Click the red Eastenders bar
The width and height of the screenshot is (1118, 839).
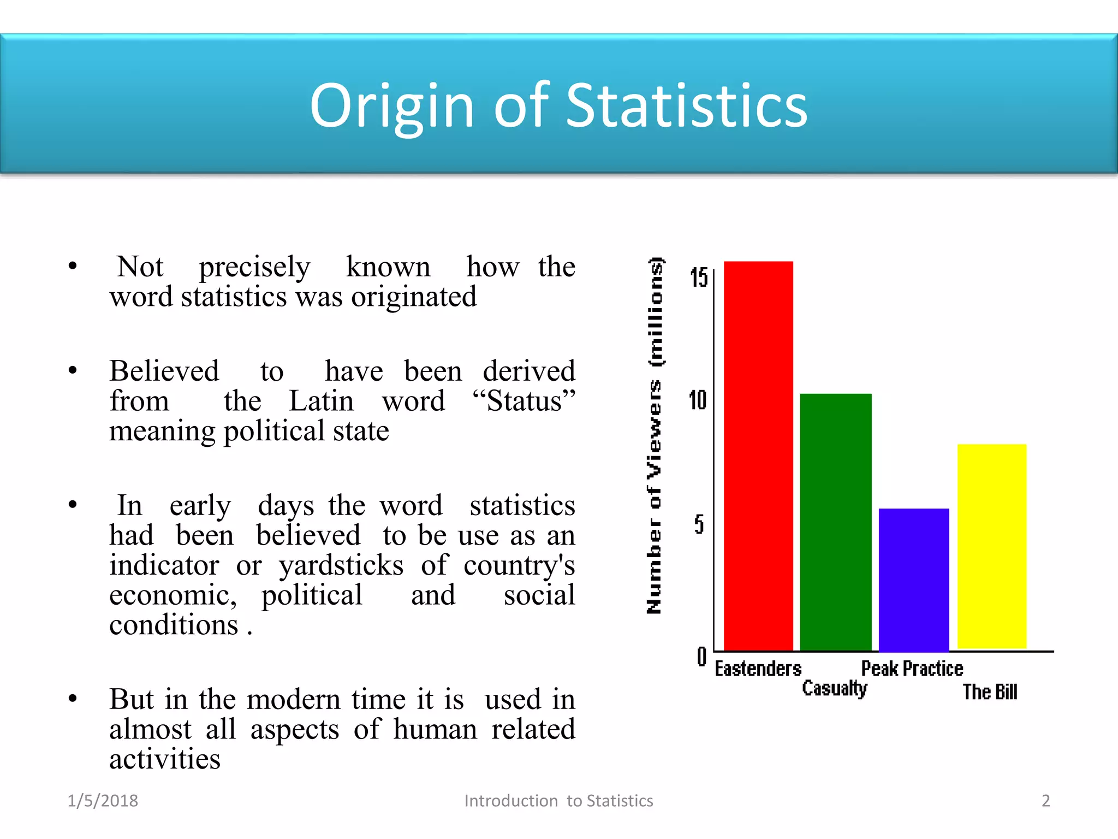pyautogui.click(x=758, y=456)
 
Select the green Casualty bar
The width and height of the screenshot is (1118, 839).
pyautogui.click(x=836, y=522)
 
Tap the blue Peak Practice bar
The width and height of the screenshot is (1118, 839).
pyautogui.click(x=914, y=580)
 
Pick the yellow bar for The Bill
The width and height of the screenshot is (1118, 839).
pyautogui.click(x=992, y=546)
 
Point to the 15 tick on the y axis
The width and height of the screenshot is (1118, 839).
pyautogui.click(x=698, y=277)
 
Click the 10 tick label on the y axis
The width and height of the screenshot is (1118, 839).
pyautogui.click(x=698, y=400)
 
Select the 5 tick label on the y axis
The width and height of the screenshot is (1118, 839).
pyautogui.click(x=699, y=524)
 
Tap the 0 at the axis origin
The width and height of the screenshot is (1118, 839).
pyautogui.click(x=701, y=657)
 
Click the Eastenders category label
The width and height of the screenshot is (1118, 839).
pyautogui.click(x=758, y=669)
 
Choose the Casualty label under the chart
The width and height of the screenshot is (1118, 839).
pyautogui.click(x=834, y=689)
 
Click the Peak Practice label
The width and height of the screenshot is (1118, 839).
pyautogui.click(x=912, y=669)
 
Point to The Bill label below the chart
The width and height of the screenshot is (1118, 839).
pyautogui.click(x=990, y=692)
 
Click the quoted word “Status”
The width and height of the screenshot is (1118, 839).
pyautogui.click(x=524, y=401)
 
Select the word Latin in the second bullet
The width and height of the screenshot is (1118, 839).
pyautogui.click(x=321, y=401)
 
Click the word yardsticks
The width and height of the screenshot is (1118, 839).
pyautogui.click(x=341, y=565)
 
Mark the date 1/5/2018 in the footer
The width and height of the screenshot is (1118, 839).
pyautogui.click(x=103, y=801)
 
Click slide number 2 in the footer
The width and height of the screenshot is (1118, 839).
pyautogui.click(x=1045, y=801)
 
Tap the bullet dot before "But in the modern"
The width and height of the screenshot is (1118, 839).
pyautogui.click(x=73, y=699)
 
